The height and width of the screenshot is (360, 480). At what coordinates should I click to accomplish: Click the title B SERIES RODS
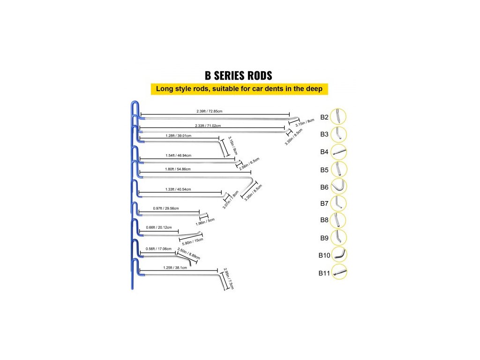click(239, 75)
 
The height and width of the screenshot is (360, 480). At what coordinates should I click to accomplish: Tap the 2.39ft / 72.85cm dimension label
click(209, 112)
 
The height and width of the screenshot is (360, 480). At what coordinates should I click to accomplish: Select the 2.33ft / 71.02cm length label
click(208, 126)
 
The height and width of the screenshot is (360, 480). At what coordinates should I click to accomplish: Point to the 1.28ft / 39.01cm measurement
click(179, 136)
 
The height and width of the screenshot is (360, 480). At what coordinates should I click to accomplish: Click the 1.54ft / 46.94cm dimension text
click(179, 155)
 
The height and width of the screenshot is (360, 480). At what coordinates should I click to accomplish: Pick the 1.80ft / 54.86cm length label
click(179, 169)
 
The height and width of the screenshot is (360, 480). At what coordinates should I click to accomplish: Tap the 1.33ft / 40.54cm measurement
click(179, 189)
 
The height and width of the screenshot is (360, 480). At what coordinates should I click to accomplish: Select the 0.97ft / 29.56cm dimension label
click(166, 208)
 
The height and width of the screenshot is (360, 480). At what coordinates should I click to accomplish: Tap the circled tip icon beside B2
click(338, 116)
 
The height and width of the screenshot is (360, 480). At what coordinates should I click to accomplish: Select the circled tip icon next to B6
click(338, 186)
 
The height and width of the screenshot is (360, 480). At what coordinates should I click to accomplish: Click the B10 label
click(324, 256)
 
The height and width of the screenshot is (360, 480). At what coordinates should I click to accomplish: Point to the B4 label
click(324, 151)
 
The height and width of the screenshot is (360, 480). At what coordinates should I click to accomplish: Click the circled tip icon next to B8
click(338, 220)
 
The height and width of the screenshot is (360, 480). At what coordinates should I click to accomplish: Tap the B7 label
click(324, 203)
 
